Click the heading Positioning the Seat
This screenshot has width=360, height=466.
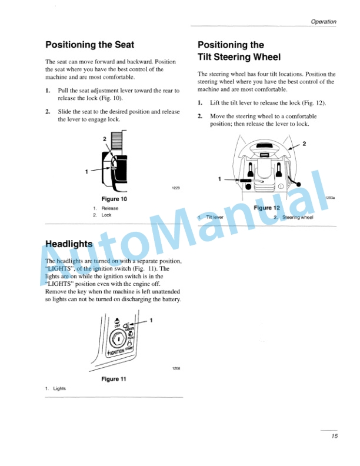(x=90, y=45)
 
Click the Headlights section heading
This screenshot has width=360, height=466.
(x=69, y=244)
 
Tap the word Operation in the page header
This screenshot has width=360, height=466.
(x=324, y=22)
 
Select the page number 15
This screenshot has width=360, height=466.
(x=333, y=436)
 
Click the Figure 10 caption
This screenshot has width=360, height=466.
(x=114, y=199)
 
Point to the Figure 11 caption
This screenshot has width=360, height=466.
(x=114, y=378)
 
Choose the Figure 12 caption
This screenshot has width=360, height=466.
(x=266, y=208)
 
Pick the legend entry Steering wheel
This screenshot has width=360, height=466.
(x=298, y=217)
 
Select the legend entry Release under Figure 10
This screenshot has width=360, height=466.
(x=109, y=208)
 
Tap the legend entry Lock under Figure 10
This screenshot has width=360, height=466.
(x=106, y=215)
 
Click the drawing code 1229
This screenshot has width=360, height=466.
(x=176, y=188)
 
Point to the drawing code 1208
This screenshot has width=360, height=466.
(x=176, y=368)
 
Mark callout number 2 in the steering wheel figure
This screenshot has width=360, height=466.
(x=304, y=144)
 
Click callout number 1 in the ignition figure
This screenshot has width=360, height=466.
(x=151, y=320)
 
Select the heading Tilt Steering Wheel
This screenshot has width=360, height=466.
(x=239, y=57)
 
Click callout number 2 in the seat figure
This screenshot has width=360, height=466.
(x=105, y=138)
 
